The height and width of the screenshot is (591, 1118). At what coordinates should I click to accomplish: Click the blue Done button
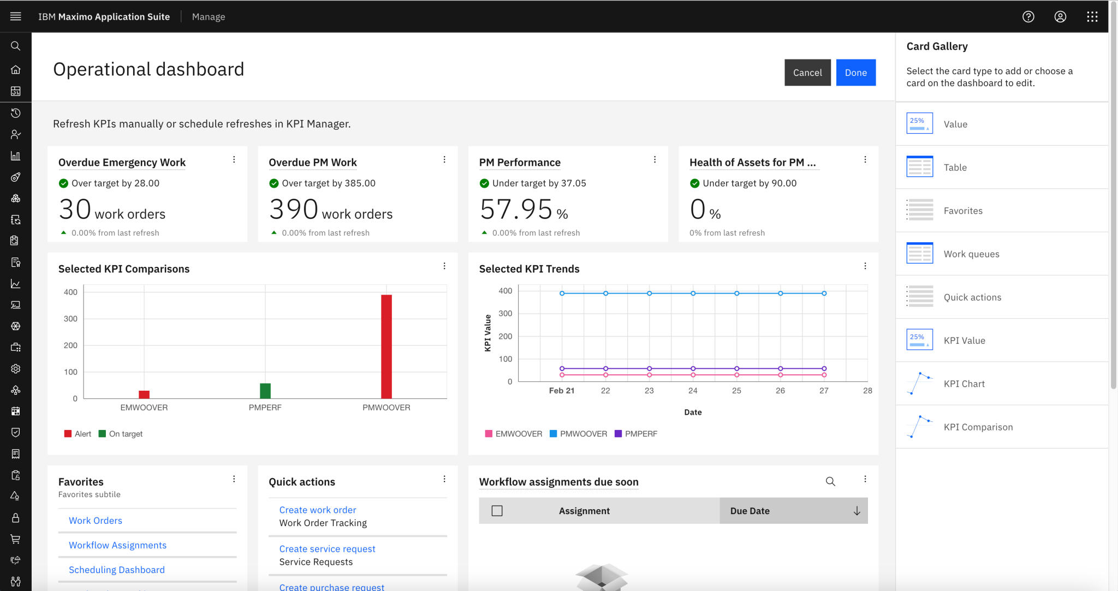pyautogui.click(x=855, y=73)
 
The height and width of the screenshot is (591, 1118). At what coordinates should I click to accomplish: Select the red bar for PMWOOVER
pyautogui.click(x=386, y=347)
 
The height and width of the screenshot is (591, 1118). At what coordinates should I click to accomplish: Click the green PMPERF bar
pyautogui.click(x=265, y=391)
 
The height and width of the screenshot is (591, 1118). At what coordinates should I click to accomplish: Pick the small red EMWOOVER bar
pyautogui.click(x=144, y=394)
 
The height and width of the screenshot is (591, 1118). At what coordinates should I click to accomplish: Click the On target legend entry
pyautogui.click(x=121, y=434)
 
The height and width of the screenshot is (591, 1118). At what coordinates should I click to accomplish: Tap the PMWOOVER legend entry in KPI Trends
pyautogui.click(x=578, y=434)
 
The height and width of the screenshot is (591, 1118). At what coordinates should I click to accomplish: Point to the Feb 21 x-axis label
pyautogui.click(x=561, y=391)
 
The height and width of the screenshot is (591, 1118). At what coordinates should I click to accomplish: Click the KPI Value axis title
pyautogui.click(x=487, y=333)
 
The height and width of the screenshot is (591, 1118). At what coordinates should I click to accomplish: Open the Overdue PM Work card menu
pyautogui.click(x=444, y=159)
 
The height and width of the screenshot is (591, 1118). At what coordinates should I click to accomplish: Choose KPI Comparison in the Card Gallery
pyautogui.click(x=978, y=427)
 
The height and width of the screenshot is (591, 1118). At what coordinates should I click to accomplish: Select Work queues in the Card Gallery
pyautogui.click(x=971, y=254)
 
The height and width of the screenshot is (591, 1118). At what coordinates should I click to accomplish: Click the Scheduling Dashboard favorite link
pyautogui.click(x=116, y=570)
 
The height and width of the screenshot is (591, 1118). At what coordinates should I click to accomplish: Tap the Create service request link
pyautogui.click(x=327, y=549)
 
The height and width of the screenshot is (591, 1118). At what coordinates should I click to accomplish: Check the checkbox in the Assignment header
pyautogui.click(x=497, y=511)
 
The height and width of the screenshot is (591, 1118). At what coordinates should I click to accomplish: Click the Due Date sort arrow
pyautogui.click(x=857, y=511)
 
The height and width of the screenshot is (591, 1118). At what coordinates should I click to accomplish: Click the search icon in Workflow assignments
pyautogui.click(x=830, y=481)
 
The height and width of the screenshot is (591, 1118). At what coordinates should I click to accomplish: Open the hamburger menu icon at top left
pyautogui.click(x=16, y=16)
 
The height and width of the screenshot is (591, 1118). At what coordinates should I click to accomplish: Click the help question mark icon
pyautogui.click(x=1028, y=17)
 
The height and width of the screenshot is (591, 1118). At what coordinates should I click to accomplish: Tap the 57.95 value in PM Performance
pyautogui.click(x=516, y=210)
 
